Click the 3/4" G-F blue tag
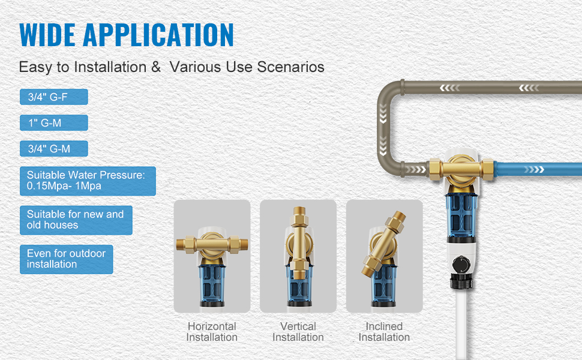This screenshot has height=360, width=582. point(54,97)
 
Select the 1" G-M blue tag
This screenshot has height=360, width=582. point(54,123)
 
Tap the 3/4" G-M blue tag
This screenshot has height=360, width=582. point(54,148)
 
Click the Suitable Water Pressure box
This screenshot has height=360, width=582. point(88,181)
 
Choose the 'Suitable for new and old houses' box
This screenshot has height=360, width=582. point(76,220)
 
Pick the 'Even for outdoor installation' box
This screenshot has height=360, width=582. point(67,259)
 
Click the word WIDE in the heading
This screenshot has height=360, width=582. point(47,35)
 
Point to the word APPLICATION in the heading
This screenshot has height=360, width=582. point(158,35)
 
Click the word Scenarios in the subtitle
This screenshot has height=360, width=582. point(290,67)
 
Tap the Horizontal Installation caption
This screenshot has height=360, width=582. point(212,331)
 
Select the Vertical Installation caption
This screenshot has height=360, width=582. point(298,331)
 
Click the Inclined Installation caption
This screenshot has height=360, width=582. point(384,331)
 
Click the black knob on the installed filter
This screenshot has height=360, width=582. point(461,264)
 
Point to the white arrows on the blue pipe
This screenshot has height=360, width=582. point(534,170)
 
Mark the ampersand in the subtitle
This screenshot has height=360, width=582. point(156,67)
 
